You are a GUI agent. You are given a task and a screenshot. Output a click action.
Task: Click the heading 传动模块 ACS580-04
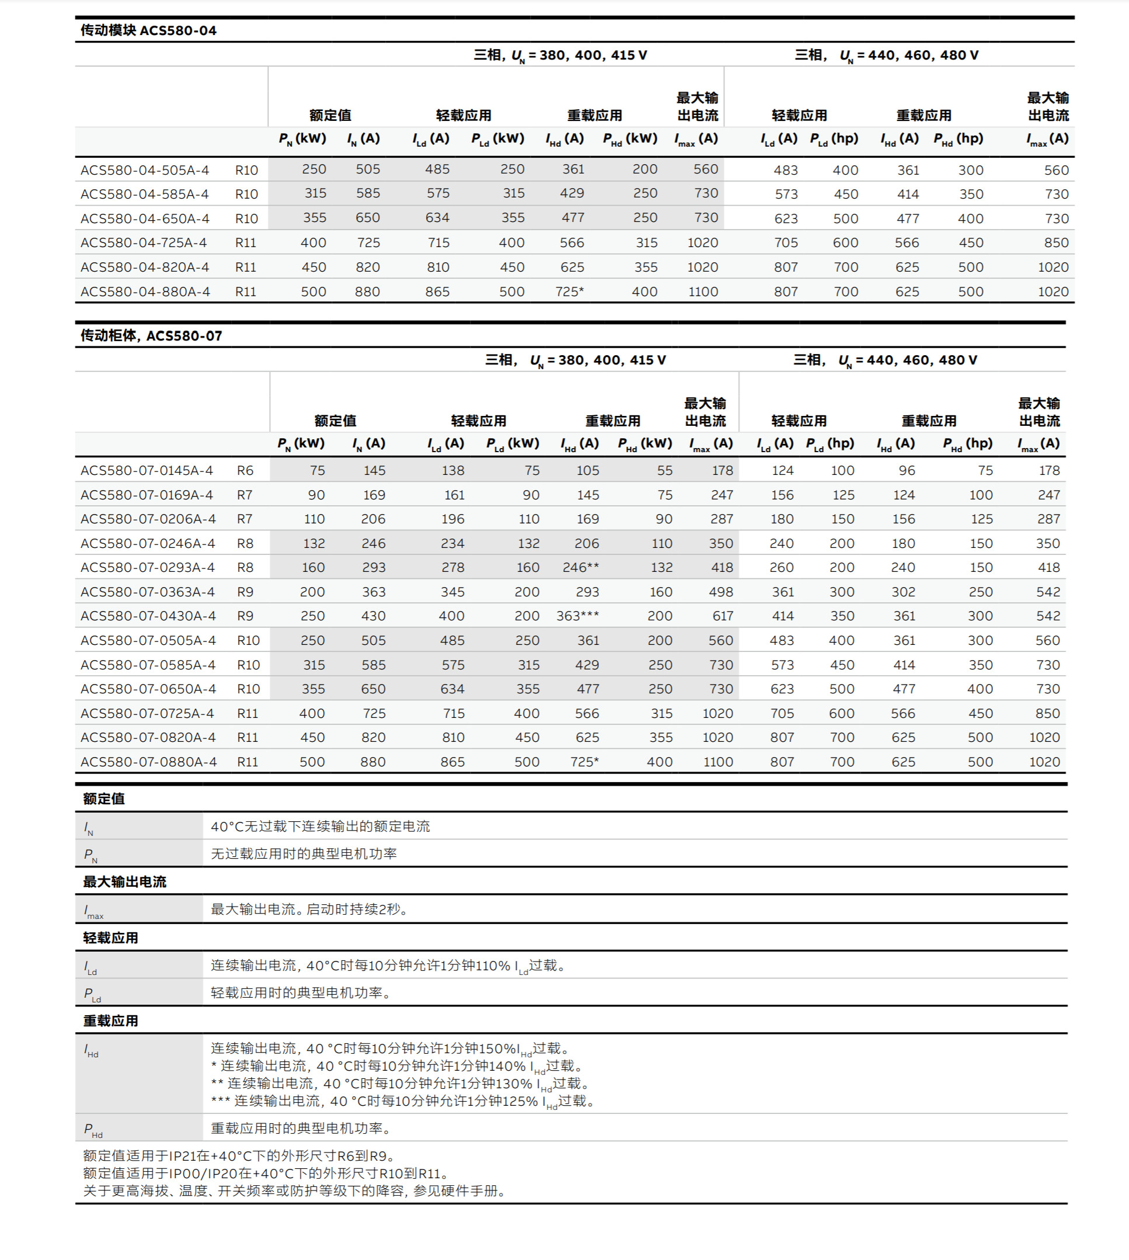(148, 30)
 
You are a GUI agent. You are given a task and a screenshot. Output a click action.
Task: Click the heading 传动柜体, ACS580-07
(151, 336)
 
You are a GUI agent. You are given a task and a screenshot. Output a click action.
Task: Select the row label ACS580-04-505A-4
(145, 170)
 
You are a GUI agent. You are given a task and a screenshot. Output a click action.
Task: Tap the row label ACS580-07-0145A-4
(147, 470)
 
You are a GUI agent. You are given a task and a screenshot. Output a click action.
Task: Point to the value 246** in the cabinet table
(580, 567)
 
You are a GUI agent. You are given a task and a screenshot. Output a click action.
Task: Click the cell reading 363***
(577, 616)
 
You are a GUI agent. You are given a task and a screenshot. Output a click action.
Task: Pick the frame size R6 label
(245, 470)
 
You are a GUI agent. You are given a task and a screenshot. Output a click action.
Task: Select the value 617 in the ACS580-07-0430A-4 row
(722, 616)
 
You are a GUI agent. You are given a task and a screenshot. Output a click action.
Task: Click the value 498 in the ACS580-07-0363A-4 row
(721, 592)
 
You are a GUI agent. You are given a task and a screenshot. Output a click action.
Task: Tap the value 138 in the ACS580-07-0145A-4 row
(453, 470)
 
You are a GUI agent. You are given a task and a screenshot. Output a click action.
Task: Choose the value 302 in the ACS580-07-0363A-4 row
(903, 592)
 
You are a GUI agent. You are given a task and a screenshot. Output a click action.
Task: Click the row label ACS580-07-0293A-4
(148, 567)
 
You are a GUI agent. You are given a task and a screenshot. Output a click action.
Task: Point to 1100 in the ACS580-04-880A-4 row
(703, 291)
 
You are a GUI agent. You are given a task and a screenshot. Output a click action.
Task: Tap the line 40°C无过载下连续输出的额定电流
(320, 826)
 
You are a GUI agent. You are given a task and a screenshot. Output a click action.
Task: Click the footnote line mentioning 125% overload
(403, 1101)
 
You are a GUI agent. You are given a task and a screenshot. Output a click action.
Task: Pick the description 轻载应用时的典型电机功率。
(301, 992)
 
